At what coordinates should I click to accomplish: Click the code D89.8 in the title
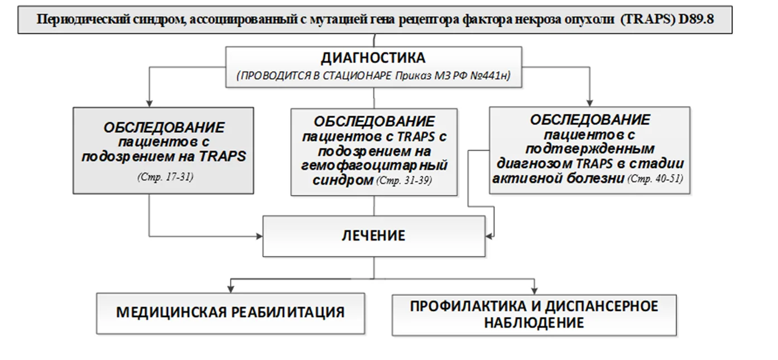point(696,19)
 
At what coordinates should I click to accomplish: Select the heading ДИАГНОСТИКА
point(373,58)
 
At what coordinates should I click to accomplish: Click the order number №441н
point(490,76)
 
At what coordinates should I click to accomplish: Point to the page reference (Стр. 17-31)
point(165,177)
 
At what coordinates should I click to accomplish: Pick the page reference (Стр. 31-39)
point(404,181)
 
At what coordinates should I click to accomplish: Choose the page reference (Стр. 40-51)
point(655,179)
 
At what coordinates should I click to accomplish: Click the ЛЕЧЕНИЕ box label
point(373,236)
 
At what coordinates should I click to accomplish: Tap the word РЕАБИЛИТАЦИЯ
point(288,313)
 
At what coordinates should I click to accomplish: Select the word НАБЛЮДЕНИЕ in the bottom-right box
point(534,323)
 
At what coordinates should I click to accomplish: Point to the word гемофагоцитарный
point(374,166)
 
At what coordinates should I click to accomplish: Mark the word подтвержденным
point(590,149)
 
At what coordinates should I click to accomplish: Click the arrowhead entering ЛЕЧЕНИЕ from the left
point(259,236)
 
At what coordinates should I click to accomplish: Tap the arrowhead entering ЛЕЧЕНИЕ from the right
point(489,237)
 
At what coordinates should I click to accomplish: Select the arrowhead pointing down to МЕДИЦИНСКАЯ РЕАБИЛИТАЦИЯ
point(230,289)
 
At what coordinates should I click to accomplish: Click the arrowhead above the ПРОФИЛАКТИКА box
point(534,290)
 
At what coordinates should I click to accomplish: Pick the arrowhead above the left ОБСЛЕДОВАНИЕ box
point(150,103)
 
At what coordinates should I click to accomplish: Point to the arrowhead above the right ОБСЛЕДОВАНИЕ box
point(589,103)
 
